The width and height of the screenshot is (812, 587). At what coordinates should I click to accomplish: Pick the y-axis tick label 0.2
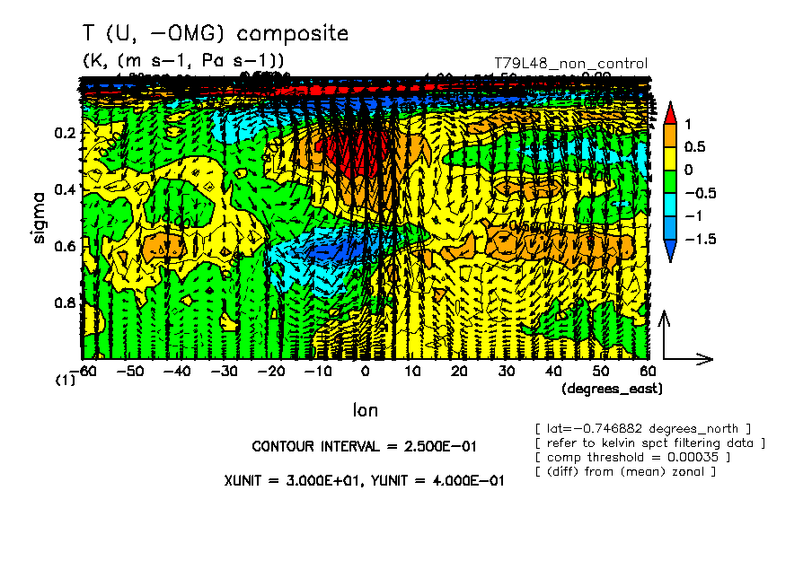pos(64,133)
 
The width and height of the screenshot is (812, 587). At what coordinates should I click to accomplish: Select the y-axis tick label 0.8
pos(64,303)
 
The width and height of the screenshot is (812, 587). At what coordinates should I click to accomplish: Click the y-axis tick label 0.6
pos(64,247)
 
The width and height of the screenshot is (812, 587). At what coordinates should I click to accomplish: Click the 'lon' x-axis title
pos(365,410)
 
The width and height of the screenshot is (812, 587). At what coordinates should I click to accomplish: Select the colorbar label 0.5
pos(694,146)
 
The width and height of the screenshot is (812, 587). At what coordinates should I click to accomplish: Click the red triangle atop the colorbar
pos(669,111)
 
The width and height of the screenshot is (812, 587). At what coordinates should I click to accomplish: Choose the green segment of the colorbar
pos(669,182)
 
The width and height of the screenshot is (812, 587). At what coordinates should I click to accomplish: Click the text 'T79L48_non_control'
pos(570,64)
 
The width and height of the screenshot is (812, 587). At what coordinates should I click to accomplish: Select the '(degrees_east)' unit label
pos(611,390)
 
